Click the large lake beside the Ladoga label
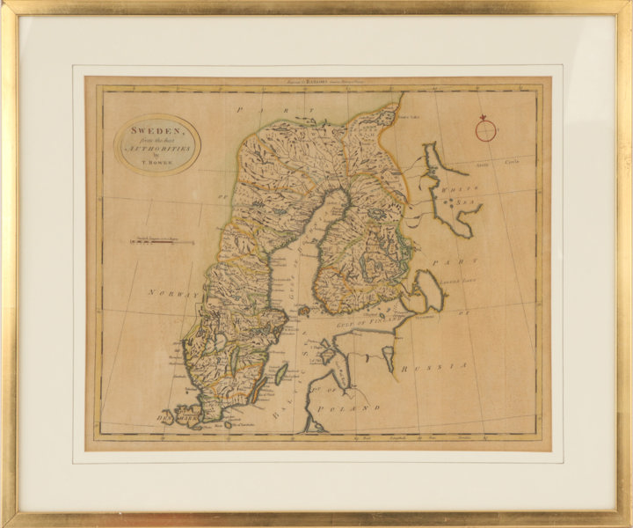pyautogui.click(x=430, y=290)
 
